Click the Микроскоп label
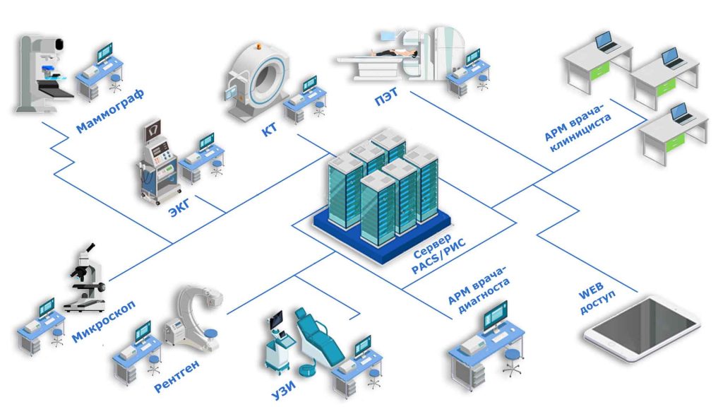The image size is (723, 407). (104, 321)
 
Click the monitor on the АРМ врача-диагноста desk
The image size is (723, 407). (495, 314)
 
